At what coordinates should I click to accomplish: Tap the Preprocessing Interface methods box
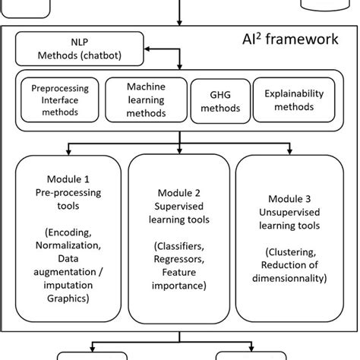(x=58, y=102)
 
